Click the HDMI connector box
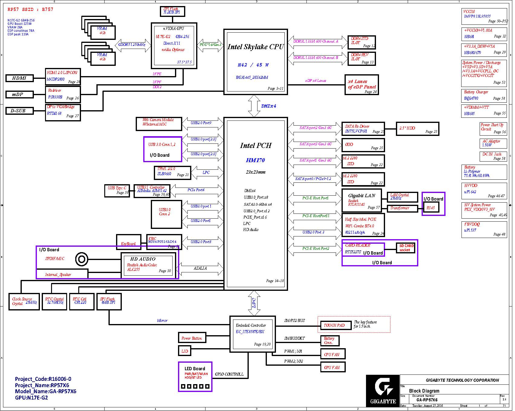coord(20,78)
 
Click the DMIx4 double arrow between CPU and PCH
coord(254,106)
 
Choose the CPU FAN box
coord(332,355)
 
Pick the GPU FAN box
coord(332,368)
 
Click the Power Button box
coord(192,338)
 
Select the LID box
coord(185,351)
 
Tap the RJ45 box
coord(431,208)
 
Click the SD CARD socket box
coord(406,248)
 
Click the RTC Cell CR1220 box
coord(80,301)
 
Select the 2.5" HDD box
coord(417,129)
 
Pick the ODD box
coord(363,145)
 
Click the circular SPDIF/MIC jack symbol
coord(82,259)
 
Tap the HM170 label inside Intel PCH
coord(255,160)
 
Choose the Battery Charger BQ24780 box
coord(484,96)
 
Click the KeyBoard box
coord(128,242)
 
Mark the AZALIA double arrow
coord(201,269)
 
